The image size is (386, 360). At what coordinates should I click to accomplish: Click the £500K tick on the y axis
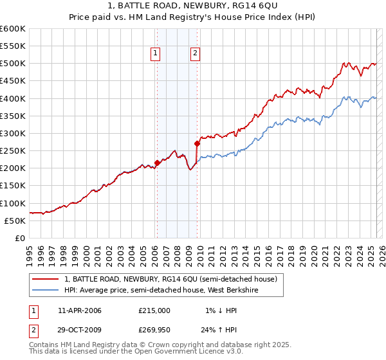tap(13, 64)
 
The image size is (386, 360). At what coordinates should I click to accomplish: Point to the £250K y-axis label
tap(13, 151)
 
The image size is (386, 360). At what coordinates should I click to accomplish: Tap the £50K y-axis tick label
tap(15, 221)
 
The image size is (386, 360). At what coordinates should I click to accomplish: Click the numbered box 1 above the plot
tap(156, 54)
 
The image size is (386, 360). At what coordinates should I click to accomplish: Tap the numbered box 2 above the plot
tap(194, 54)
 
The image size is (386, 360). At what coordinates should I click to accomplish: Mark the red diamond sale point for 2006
tap(157, 163)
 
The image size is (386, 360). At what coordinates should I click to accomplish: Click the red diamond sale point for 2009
tap(197, 144)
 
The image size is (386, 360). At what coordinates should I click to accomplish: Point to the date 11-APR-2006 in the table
tap(80, 310)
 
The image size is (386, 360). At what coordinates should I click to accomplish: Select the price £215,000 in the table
tap(154, 310)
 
